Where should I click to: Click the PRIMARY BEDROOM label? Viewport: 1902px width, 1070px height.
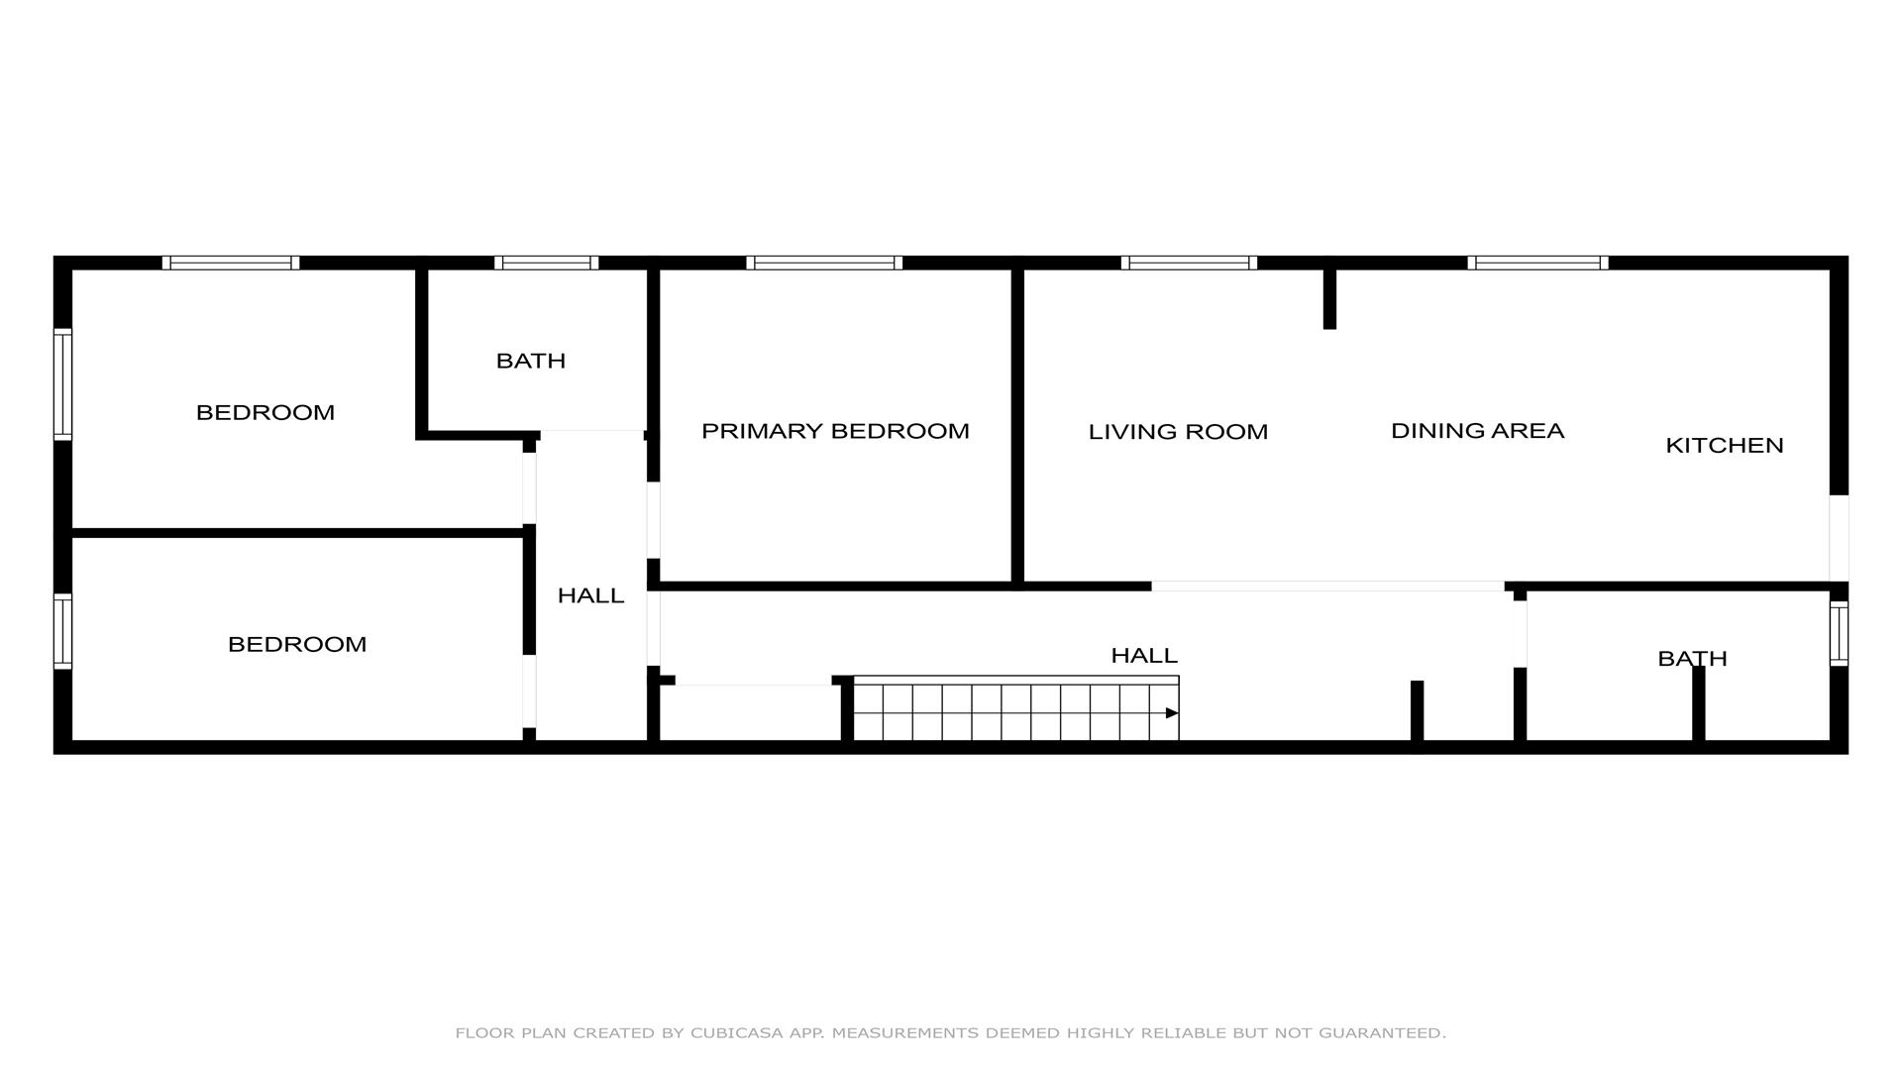click(x=835, y=431)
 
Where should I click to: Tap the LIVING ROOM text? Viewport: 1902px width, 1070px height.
click(x=1178, y=432)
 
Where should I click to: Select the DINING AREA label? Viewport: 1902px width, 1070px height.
click(x=1477, y=431)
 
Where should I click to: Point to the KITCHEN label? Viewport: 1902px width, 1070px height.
click(x=1725, y=446)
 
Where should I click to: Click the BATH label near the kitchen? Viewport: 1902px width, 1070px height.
click(x=1692, y=659)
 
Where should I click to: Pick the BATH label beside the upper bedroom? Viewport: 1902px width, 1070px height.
click(x=531, y=361)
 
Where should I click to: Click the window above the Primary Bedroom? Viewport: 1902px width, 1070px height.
click(x=824, y=263)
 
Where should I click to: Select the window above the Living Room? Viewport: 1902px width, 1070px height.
click(x=1189, y=263)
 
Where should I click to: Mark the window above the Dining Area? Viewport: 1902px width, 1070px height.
click(x=1537, y=263)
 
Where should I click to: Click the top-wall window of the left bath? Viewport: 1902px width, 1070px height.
click(x=546, y=263)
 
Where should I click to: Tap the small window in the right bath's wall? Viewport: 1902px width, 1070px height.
click(x=1839, y=634)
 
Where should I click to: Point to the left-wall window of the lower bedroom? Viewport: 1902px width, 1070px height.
click(x=62, y=631)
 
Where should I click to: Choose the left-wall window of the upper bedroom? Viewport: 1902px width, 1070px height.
click(x=62, y=384)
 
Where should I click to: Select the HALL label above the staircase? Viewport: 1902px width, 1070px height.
click(x=1144, y=656)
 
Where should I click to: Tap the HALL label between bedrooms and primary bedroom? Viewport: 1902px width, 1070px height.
click(x=590, y=595)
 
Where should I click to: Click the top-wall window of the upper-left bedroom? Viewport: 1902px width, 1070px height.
click(x=231, y=263)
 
